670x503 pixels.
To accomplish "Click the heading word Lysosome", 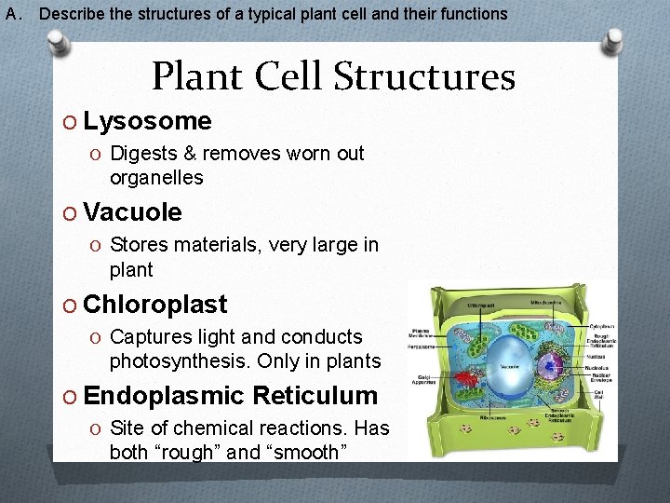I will pos(147,121).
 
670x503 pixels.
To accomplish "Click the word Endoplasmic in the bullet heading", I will pos(157,396).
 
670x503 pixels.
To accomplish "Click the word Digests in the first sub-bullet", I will pos(142,153).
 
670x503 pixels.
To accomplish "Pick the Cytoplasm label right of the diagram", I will pos(602,326).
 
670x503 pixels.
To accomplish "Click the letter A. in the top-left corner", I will pos(13,14).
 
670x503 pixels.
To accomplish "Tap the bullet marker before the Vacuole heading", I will pos(72,213).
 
